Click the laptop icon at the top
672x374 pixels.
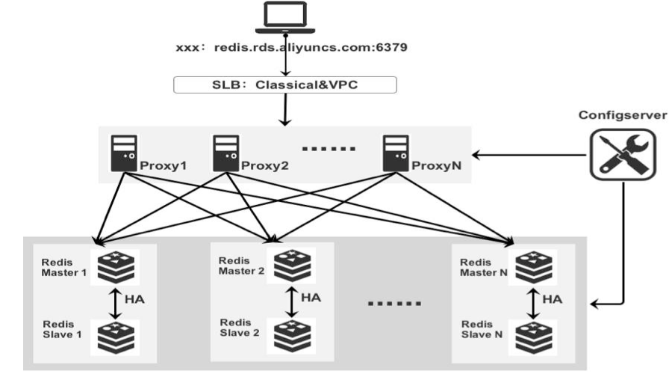[x=285, y=17]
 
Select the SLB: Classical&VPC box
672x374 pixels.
[x=285, y=85]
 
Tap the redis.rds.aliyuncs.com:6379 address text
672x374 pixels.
[x=311, y=47]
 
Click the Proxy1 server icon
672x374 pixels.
[x=124, y=153]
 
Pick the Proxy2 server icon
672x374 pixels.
[x=225, y=153]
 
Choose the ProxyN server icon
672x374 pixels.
[x=396, y=153]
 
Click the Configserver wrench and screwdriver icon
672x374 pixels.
[x=623, y=155]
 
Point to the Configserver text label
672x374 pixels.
[x=623, y=115]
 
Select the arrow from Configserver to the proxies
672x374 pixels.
[x=529, y=155]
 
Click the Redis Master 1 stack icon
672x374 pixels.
[x=116, y=267]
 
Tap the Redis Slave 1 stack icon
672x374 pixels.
[x=116, y=338]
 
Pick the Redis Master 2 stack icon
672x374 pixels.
[x=292, y=266]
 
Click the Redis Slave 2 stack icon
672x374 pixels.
[x=292, y=336]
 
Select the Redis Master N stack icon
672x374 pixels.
[x=533, y=267]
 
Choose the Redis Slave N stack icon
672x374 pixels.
[x=533, y=338]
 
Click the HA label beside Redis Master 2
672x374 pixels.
[x=311, y=298]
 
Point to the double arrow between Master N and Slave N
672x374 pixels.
[x=533, y=304]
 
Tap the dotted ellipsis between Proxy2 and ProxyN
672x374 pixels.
[x=329, y=149]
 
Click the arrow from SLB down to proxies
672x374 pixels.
[x=285, y=109]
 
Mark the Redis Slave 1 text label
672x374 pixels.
[x=62, y=329]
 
